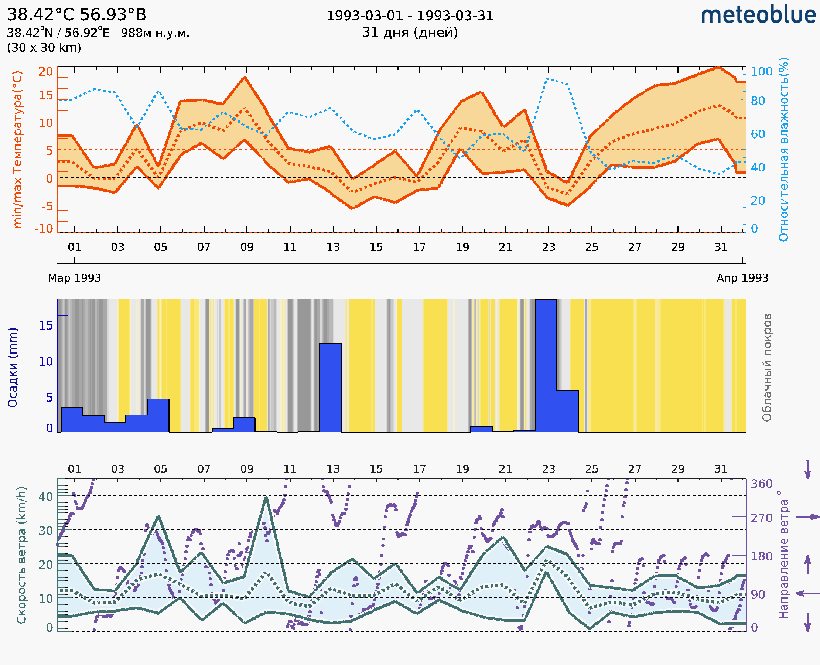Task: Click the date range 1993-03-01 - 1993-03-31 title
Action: point(410,16)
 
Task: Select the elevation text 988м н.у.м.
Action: point(155,33)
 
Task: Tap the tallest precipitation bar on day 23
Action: point(546,366)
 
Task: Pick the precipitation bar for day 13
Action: point(330,388)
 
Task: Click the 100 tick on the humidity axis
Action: point(761,72)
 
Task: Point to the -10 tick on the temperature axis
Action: point(44,229)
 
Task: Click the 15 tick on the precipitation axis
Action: point(46,325)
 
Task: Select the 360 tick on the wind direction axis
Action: point(761,484)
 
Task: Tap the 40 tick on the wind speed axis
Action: point(46,497)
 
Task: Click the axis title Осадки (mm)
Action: point(13,368)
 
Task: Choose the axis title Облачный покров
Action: point(767,368)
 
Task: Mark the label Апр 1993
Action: point(742,278)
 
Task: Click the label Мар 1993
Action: point(74,278)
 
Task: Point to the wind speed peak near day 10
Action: point(266,498)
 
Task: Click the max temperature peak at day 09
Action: point(245,78)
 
